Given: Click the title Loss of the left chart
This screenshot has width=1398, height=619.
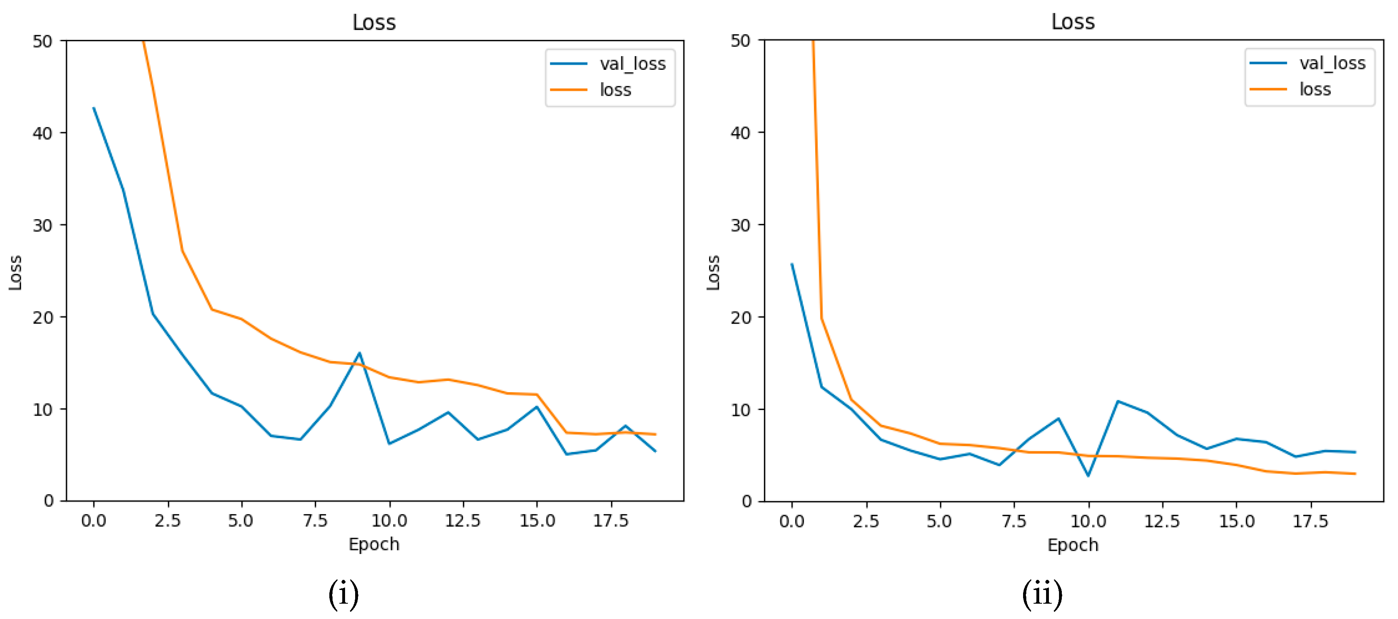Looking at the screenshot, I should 374,22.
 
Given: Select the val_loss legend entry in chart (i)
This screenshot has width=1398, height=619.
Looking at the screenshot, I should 632,64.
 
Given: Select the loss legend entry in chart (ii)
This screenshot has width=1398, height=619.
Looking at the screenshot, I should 1314,89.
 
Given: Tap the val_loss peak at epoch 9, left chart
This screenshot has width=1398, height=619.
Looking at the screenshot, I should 359,353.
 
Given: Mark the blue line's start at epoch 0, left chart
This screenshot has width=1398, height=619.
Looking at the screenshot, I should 94,108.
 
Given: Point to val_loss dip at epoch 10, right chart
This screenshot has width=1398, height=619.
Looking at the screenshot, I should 1088,476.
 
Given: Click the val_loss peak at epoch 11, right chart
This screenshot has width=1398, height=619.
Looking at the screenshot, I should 1118,402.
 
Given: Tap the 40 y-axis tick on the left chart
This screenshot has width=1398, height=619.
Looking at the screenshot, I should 42,133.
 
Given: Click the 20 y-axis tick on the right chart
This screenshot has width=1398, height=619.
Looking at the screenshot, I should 741,317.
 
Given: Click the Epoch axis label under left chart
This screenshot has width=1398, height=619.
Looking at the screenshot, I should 374,544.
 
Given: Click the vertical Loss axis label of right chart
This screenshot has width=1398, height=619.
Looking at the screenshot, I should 713,272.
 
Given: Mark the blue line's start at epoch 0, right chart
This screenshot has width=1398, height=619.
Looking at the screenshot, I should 792,264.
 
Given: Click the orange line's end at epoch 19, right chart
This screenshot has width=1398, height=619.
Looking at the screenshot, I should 1355,474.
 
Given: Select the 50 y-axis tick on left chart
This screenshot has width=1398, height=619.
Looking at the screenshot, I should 42,41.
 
